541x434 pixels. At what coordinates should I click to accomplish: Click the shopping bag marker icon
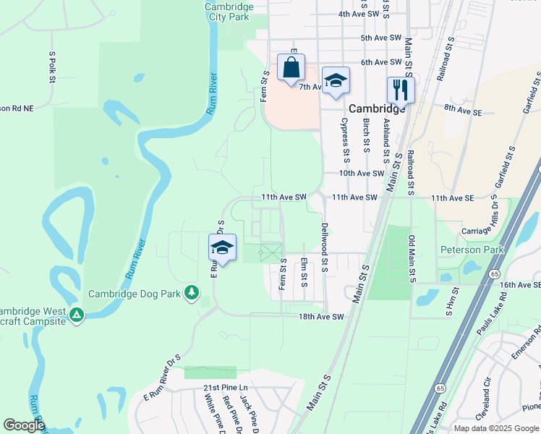(x=290, y=68)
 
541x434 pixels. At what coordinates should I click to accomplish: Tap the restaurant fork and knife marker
(x=400, y=90)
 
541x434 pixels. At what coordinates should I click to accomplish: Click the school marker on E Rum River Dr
(x=222, y=248)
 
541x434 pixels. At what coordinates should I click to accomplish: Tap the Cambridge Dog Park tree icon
(x=192, y=293)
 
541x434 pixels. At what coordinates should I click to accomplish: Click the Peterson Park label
(x=472, y=250)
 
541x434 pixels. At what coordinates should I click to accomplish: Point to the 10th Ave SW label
(x=362, y=174)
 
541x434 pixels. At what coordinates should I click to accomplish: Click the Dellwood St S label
(x=325, y=246)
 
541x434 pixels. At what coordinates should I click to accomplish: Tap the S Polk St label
(x=52, y=67)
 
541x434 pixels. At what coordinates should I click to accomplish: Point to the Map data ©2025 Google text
(x=495, y=428)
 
